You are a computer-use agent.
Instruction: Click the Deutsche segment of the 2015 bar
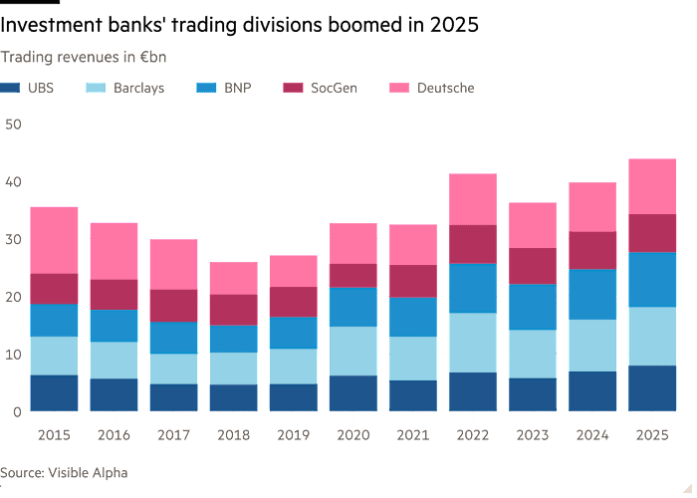55,240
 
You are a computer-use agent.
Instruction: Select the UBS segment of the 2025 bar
652,388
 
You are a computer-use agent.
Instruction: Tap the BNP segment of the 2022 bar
473,289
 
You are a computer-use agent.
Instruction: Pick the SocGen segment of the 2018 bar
234,310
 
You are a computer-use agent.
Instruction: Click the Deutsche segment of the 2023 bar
533,225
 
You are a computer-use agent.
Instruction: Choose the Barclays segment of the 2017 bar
174,369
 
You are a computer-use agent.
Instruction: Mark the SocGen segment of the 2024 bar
592,250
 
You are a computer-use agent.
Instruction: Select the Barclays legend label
138,88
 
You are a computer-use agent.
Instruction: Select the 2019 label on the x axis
294,434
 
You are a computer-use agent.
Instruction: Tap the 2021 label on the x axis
413,434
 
